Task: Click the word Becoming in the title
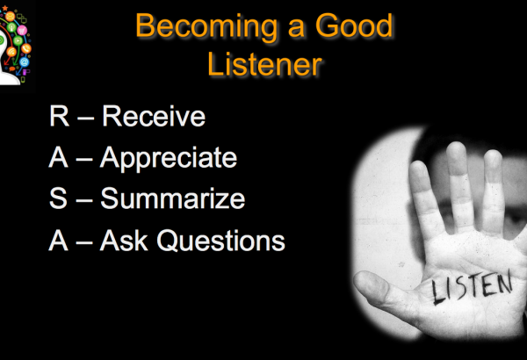(206, 27)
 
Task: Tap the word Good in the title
(354, 25)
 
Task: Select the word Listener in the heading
(265, 64)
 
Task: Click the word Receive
(154, 116)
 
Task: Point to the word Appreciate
(169, 159)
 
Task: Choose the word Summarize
(173, 198)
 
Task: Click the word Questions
(220, 241)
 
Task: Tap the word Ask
(124, 241)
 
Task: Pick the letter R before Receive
(59, 116)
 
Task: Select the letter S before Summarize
(58, 198)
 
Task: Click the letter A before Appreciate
(59, 157)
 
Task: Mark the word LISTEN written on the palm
(472, 287)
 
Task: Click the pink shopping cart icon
(22, 31)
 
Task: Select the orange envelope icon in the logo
(10, 16)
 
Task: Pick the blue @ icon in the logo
(25, 61)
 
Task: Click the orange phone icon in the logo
(26, 49)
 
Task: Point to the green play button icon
(18, 40)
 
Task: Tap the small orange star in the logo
(5, 8)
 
